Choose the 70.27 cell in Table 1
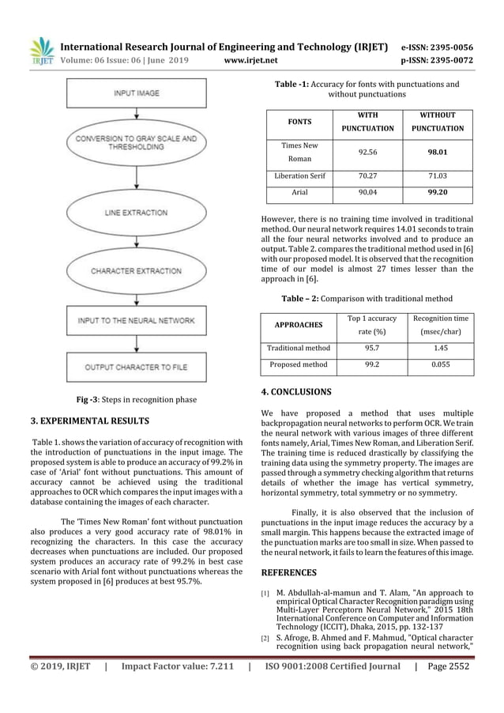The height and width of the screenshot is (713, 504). click(366, 175)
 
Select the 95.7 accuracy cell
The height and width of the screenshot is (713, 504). click(366, 346)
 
